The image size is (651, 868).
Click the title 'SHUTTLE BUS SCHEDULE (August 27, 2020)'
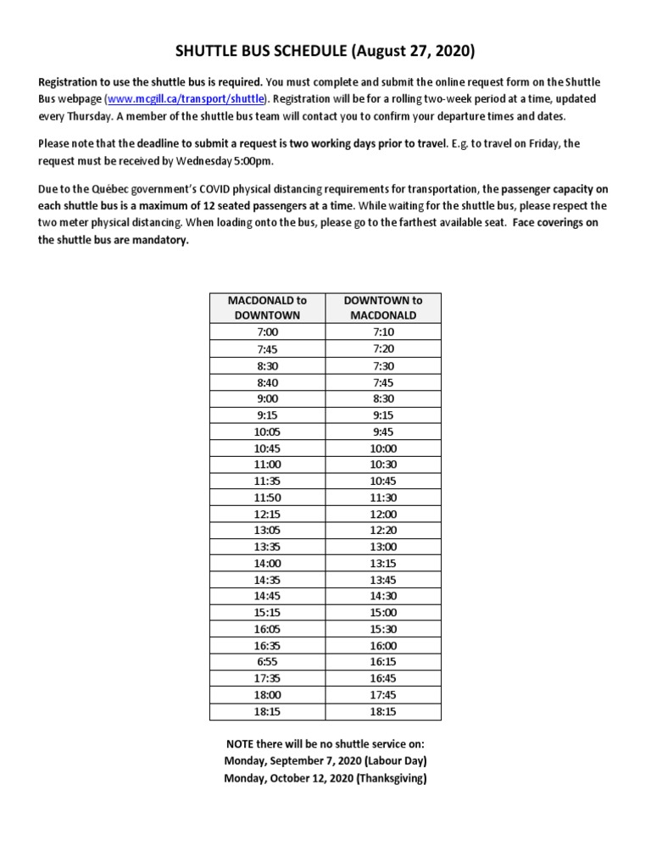click(x=325, y=52)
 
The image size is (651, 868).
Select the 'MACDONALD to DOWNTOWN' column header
click(x=266, y=307)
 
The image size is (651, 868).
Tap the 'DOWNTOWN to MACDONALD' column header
click(x=382, y=307)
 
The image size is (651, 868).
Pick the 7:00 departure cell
click(x=266, y=332)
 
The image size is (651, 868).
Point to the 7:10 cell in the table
click(x=382, y=332)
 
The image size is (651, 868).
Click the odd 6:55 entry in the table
click(x=266, y=662)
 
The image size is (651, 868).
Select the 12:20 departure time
click(x=382, y=530)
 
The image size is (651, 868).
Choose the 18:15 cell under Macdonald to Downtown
click(x=266, y=711)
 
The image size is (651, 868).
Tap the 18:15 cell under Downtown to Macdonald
click(x=382, y=711)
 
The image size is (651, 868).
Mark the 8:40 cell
click(x=266, y=381)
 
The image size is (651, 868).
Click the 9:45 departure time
click(x=382, y=431)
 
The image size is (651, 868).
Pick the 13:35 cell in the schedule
click(x=266, y=547)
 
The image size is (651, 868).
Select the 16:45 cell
click(x=382, y=678)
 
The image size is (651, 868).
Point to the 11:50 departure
click(x=266, y=498)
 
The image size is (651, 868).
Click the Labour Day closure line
click(x=325, y=760)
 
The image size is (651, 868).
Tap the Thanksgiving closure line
click(x=325, y=777)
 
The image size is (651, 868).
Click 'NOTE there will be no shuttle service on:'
click(x=325, y=743)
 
